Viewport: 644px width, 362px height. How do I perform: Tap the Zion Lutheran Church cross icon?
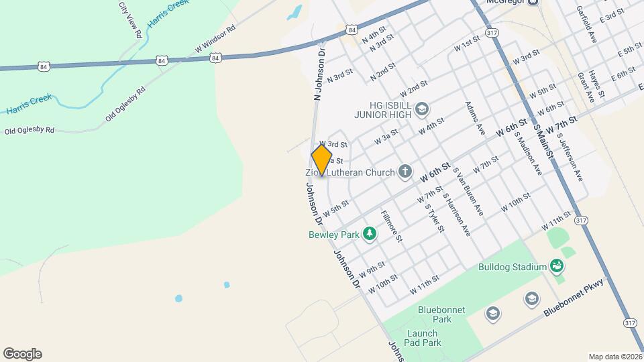click(x=405, y=172)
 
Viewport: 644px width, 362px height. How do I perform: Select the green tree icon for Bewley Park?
click(x=368, y=234)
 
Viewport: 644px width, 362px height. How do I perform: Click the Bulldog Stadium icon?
click(x=556, y=267)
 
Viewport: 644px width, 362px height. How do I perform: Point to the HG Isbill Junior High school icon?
click(x=422, y=109)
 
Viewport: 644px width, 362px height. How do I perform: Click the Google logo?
click(x=22, y=353)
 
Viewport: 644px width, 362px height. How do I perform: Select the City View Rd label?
click(x=130, y=19)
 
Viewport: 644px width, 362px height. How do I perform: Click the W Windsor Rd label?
click(x=215, y=40)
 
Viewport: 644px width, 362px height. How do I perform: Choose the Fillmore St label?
click(x=391, y=226)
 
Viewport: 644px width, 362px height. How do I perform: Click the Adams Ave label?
click(x=475, y=118)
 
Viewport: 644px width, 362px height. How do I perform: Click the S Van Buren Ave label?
click(x=468, y=192)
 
